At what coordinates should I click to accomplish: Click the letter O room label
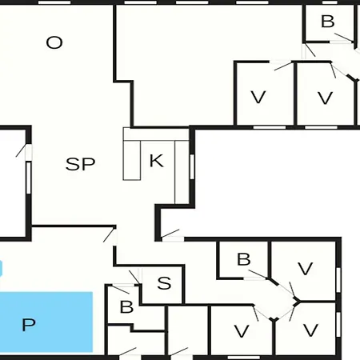click(x=54, y=42)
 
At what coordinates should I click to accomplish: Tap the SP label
click(x=80, y=164)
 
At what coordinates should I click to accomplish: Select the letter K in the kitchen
click(x=157, y=161)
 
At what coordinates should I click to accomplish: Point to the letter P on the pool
click(x=29, y=325)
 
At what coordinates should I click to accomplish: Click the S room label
click(x=164, y=283)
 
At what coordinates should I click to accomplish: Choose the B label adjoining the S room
click(x=126, y=307)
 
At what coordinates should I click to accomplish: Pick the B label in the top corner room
click(x=328, y=22)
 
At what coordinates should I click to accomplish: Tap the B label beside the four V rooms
click(x=244, y=259)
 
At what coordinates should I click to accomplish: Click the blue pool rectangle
click(x=46, y=322)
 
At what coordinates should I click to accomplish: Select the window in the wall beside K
click(x=192, y=167)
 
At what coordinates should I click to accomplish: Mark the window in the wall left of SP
click(x=29, y=178)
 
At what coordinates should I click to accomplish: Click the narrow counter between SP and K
click(x=132, y=160)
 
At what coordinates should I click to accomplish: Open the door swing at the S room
click(x=134, y=278)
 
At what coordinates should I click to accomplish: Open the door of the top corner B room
click(x=344, y=38)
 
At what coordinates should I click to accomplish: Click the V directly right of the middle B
click(x=305, y=269)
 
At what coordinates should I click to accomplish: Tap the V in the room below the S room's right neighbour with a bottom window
click(x=242, y=331)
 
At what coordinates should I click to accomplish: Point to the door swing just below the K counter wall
click(x=170, y=233)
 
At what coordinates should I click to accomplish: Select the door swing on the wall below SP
click(x=109, y=235)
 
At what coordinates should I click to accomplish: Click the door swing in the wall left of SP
click(x=21, y=150)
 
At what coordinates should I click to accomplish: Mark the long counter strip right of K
click(x=182, y=172)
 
